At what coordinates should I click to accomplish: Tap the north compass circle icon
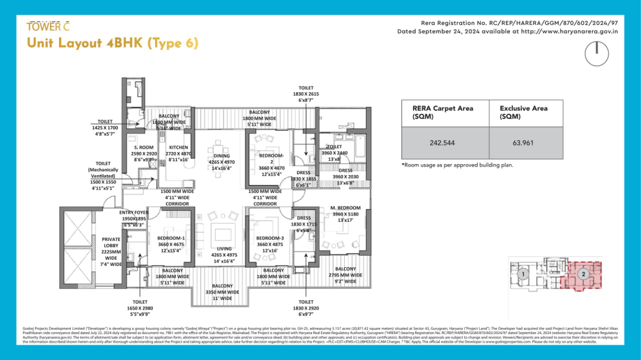tap(596, 54)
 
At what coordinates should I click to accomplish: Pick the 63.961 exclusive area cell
tap(523, 143)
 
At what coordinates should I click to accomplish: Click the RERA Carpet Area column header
tap(443, 112)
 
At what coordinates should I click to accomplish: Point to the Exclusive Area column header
tap(523, 112)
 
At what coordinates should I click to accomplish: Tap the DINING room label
tap(221, 156)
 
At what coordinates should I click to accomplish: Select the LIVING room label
tap(224, 248)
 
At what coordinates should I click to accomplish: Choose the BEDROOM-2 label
tap(271, 156)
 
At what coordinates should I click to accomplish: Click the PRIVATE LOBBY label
tap(111, 242)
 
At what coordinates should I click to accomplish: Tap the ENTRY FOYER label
tap(134, 213)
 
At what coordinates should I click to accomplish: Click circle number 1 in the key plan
tap(523, 274)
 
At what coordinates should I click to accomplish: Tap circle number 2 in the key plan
tap(583, 274)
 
